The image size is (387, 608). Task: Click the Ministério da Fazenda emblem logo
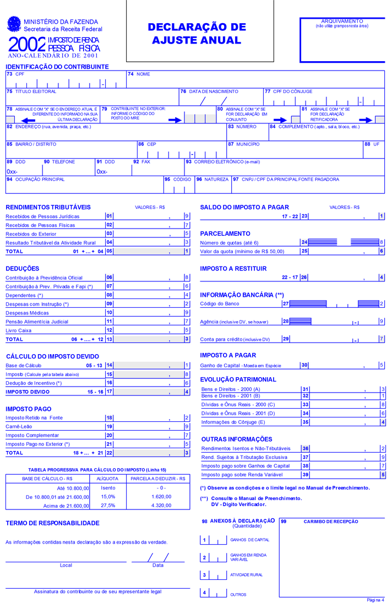click(13, 24)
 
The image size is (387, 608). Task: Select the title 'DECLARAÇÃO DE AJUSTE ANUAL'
click(197, 34)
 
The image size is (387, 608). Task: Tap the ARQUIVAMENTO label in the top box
click(342, 21)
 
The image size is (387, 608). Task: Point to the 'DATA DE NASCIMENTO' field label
click(213, 91)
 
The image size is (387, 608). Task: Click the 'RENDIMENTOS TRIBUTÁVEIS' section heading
click(48, 207)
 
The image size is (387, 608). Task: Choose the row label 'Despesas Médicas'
click(28, 312)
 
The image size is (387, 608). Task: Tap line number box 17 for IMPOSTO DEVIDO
click(110, 392)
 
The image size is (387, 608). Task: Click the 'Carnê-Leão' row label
click(20, 426)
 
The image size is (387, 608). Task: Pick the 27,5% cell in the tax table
click(108, 506)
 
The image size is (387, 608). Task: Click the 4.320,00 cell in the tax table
click(161, 506)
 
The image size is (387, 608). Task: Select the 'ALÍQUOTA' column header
click(107, 479)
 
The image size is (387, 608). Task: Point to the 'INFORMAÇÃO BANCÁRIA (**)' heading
click(242, 295)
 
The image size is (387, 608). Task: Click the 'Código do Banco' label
click(220, 303)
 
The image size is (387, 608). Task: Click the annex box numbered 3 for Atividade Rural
click(204, 575)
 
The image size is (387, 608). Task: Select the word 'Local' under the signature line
click(66, 565)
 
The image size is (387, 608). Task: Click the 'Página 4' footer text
click(375, 600)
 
